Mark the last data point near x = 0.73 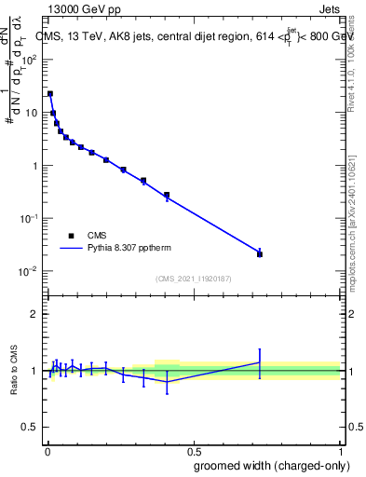tap(260, 253)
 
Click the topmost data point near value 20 tap(50, 93)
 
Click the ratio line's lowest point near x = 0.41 tap(167, 382)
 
